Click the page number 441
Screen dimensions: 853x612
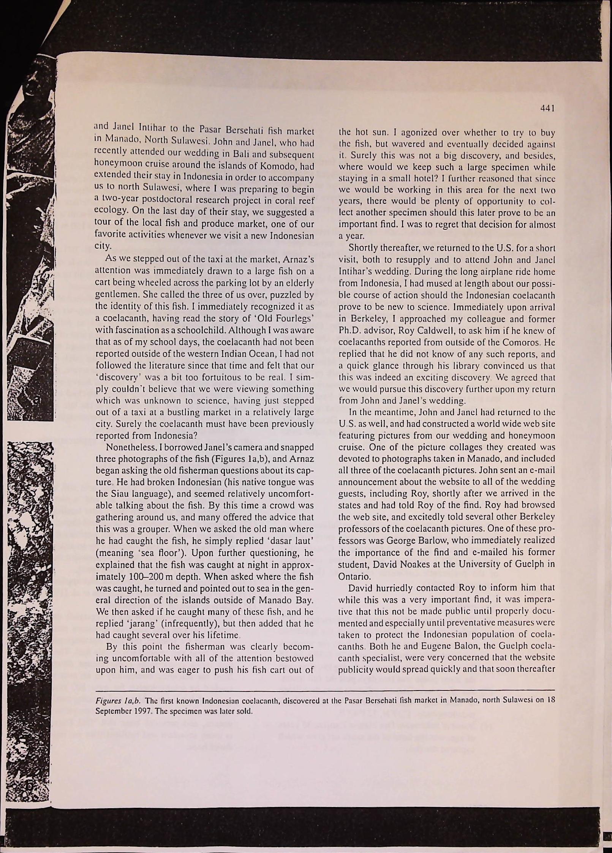(x=548, y=109)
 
